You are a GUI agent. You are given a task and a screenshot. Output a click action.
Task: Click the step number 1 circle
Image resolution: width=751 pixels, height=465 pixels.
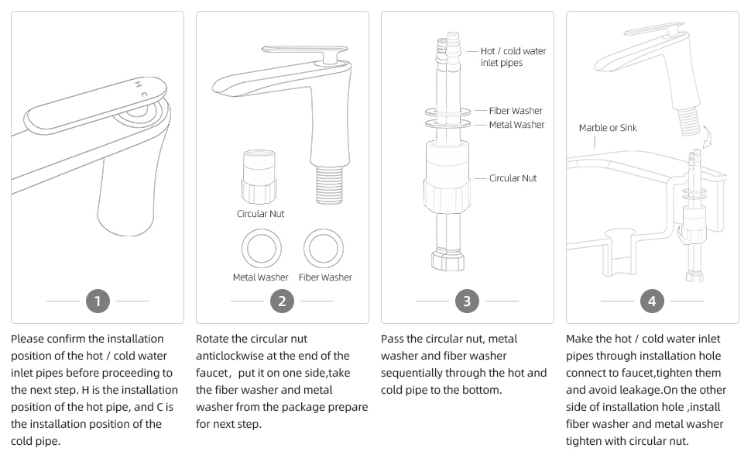[97, 301]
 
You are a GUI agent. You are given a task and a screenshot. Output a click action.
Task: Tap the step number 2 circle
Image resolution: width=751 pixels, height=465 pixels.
[282, 301]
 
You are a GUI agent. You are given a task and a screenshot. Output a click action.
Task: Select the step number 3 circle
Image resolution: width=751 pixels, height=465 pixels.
[467, 301]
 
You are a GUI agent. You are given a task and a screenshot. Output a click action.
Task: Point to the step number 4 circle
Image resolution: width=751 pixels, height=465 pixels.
[652, 301]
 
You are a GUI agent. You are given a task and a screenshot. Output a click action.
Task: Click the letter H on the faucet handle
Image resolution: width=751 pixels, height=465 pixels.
[139, 83]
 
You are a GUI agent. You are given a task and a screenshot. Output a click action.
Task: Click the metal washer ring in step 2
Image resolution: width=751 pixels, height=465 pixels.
[260, 248]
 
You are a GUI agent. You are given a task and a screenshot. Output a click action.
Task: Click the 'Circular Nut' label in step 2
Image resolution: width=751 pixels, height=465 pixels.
[260, 213]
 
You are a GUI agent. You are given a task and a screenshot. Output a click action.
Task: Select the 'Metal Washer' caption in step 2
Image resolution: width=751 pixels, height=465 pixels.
[260, 277]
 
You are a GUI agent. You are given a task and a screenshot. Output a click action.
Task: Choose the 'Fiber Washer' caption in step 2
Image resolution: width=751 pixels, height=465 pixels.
[325, 277]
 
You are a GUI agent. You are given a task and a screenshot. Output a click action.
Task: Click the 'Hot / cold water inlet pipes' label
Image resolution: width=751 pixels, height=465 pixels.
[513, 57]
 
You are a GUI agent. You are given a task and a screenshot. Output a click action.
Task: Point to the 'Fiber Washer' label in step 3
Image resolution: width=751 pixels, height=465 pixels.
[516, 111]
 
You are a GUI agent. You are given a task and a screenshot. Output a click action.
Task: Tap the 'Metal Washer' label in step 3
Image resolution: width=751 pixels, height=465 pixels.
[516, 125]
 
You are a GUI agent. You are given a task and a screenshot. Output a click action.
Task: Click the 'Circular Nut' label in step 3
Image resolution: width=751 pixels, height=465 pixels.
[513, 178]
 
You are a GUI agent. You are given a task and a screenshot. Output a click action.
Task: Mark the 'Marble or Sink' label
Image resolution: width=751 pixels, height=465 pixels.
[608, 128]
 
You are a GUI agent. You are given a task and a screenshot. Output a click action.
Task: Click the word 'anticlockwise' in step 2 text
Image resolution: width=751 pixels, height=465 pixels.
[233, 356]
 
